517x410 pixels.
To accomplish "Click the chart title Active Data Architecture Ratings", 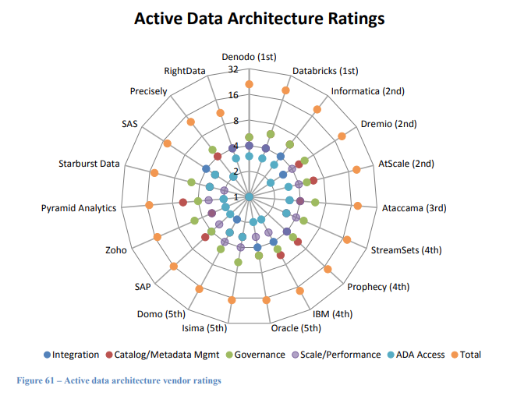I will [259, 18].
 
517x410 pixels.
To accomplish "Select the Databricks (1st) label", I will [325, 71].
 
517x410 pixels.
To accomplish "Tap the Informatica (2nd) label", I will [367, 90].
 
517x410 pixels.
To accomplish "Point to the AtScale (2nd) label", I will [406, 164].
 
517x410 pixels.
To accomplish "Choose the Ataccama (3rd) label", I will [414, 208].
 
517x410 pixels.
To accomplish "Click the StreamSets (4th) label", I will [406, 250].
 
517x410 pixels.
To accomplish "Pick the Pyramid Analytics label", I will [79, 208].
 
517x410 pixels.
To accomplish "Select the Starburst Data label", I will [89, 164].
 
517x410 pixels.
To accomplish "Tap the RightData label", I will [185, 71].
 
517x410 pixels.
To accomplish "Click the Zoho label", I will [116, 250].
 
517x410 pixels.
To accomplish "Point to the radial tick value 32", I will [232, 69].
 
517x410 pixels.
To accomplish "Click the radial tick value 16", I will [232, 96].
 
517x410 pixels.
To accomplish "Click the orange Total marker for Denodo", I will [249, 84].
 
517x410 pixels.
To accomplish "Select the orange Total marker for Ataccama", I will [357, 206].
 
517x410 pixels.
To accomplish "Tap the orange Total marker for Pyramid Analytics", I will [149, 205].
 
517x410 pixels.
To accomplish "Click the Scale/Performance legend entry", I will [340, 355].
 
